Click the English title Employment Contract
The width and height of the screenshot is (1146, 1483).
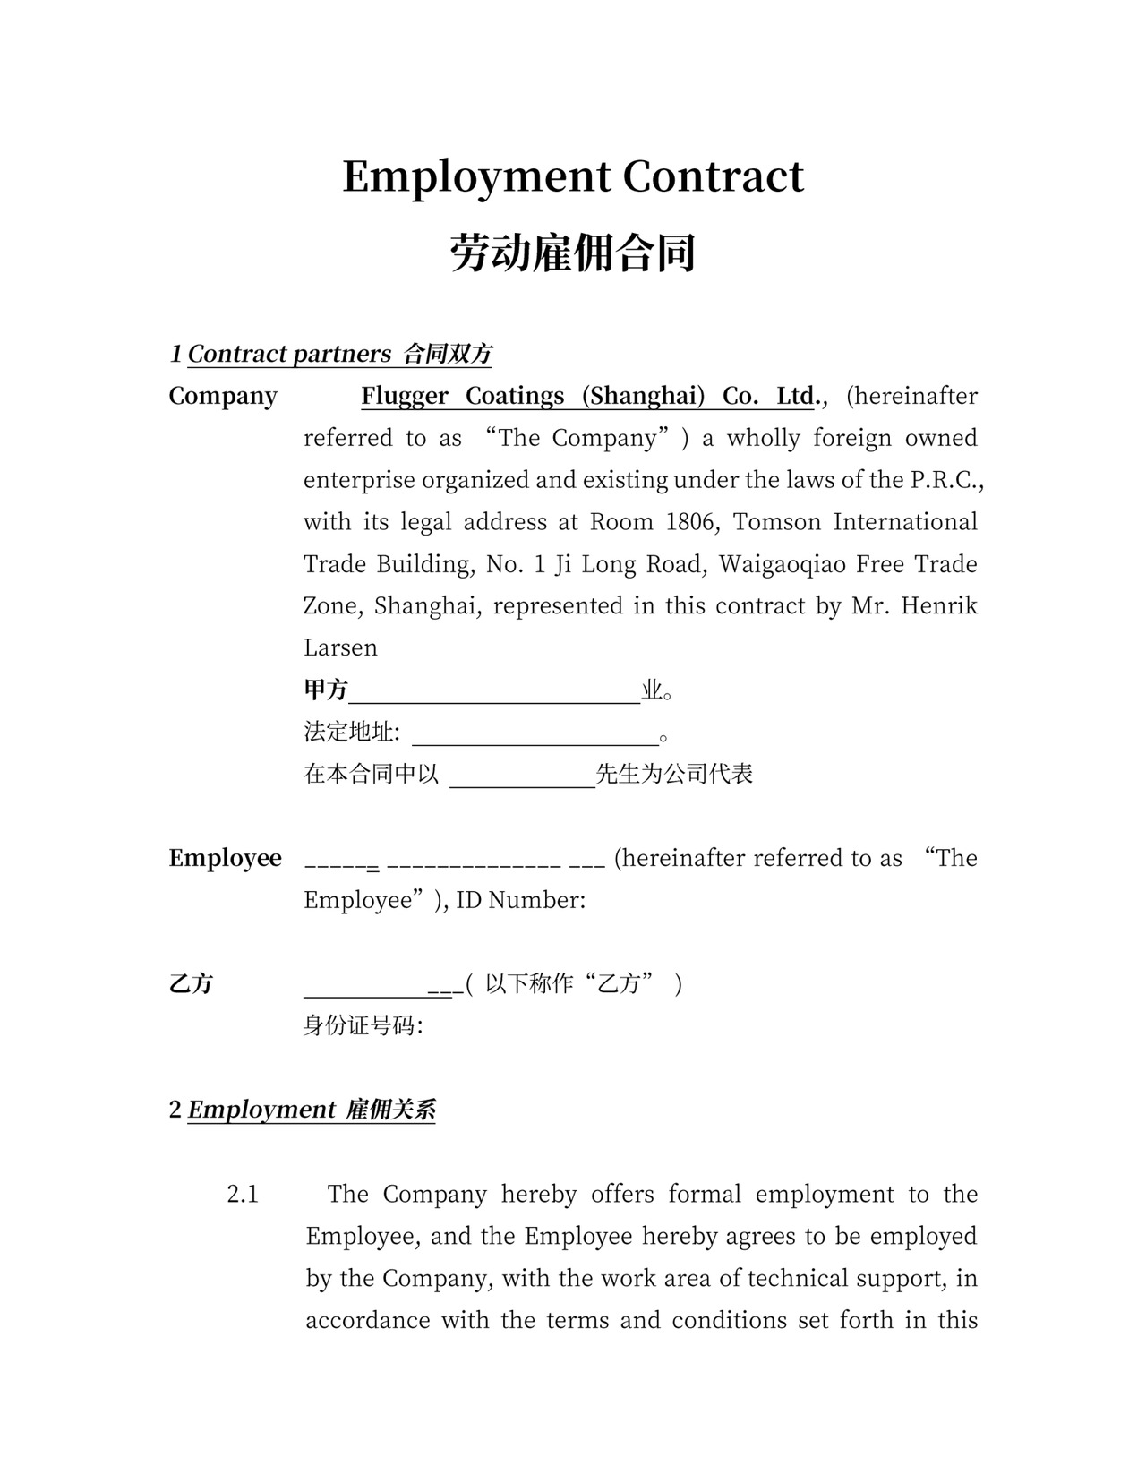coord(573,176)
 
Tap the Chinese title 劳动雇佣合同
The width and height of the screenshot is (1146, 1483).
coord(573,253)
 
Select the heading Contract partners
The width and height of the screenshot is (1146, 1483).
coord(289,354)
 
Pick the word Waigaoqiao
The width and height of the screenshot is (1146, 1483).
coord(781,564)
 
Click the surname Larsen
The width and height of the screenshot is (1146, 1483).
coord(340,648)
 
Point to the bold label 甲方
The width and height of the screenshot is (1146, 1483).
coord(326,690)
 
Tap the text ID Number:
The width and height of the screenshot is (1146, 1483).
coord(520,900)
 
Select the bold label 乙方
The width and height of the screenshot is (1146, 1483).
coord(191,984)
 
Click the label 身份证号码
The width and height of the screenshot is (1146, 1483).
coord(362,1026)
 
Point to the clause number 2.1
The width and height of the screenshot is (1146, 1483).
coord(243,1195)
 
